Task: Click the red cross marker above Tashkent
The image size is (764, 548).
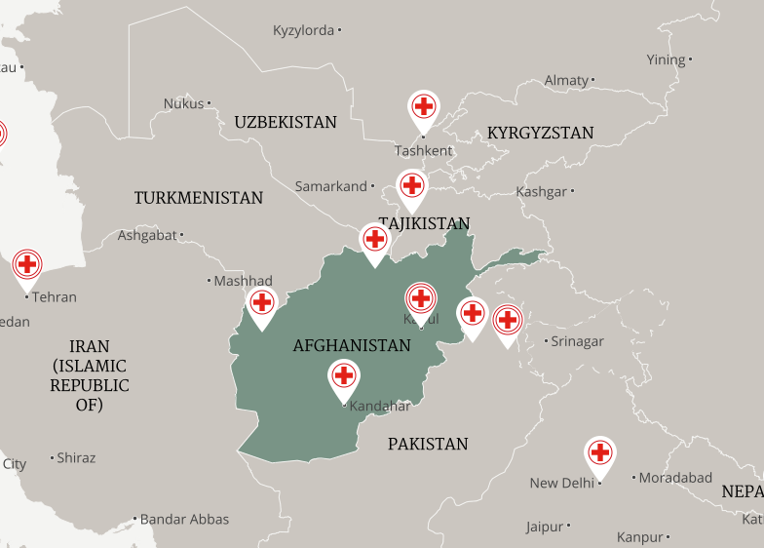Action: click(423, 106)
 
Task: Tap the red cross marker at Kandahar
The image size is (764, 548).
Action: click(343, 375)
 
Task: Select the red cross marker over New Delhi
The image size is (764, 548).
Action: click(600, 452)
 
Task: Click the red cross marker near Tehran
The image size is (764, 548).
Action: click(27, 264)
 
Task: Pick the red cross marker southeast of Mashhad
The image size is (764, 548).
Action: click(261, 303)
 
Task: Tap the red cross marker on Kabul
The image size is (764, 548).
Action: click(420, 298)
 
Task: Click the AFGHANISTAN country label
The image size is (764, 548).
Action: click(352, 345)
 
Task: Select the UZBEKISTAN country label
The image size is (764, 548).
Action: click(286, 122)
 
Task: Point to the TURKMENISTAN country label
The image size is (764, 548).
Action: click(199, 198)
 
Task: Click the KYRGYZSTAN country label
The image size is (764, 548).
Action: click(541, 133)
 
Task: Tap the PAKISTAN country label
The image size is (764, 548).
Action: click(428, 444)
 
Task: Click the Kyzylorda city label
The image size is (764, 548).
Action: click(304, 30)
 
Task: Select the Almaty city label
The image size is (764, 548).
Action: click(566, 80)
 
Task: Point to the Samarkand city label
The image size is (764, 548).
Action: click(331, 186)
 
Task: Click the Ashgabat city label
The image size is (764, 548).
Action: click(147, 235)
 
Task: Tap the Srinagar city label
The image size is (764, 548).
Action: click(577, 341)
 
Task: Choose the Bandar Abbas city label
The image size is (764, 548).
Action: click(184, 519)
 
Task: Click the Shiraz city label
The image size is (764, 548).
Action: click(76, 457)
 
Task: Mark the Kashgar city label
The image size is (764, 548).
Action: click(542, 192)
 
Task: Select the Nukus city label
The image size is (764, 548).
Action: click(183, 103)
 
